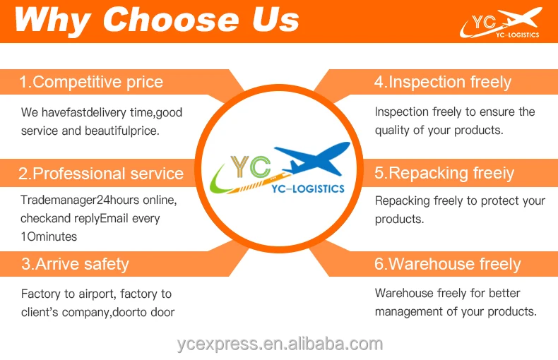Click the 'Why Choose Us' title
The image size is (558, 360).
coord(157,20)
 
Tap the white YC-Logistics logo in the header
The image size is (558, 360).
coord(501,23)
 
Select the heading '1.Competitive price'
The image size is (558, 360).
coord(91,82)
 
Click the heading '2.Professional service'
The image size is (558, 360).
coord(101,174)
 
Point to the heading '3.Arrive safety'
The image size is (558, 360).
coord(75,264)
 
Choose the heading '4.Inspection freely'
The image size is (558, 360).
coord(443,82)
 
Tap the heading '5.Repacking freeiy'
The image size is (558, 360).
coord(444,173)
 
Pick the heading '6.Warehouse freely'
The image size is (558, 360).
coord(448,264)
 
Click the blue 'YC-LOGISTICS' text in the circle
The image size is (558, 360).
coord(308,188)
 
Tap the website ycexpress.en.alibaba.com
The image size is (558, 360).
coord(280,344)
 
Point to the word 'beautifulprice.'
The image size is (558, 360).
coord(122,131)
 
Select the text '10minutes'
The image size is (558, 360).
coord(49,236)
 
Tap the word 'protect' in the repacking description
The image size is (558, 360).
coord(497,201)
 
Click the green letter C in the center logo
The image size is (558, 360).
coord(260,167)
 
